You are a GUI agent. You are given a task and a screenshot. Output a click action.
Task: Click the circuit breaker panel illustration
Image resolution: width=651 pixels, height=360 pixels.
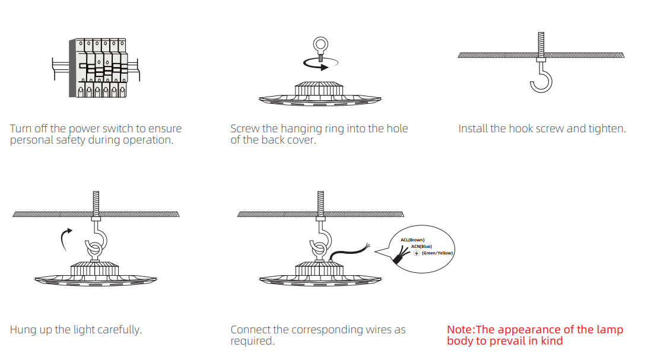tap(96, 68)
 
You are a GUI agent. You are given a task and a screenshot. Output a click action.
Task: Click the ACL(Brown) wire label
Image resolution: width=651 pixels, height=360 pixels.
tap(412, 240)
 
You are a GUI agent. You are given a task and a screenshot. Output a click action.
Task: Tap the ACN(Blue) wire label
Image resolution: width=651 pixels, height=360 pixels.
tap(421, 246)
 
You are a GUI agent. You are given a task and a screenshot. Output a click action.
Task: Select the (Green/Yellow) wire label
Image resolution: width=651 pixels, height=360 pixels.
tap(437, 253)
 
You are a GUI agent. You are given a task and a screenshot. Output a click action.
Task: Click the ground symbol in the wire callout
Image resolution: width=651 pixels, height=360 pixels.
tap(417, 253)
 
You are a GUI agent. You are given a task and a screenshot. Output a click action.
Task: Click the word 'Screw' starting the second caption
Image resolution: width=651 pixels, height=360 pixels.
tap(245, 129)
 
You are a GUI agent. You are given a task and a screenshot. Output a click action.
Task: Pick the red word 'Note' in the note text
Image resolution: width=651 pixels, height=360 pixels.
tap(459, 330)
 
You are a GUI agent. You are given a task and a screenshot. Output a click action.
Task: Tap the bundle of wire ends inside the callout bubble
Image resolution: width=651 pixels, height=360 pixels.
tap(401, 255)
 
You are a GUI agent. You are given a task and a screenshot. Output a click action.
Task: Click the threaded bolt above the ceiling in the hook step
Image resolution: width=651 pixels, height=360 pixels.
tap(541, 43)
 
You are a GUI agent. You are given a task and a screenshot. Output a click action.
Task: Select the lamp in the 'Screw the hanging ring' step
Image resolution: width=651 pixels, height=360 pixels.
tap(320, 94)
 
